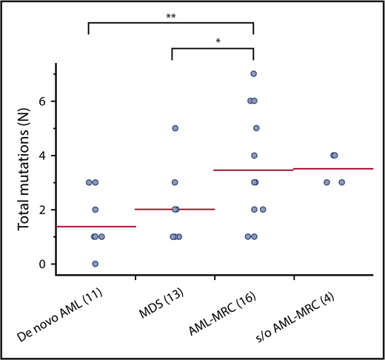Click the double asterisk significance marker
pyautogui.click(x=171, y=15)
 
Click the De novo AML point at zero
pyautogui.click(x=95, y=264)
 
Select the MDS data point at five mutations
pyautogui.click(x=175, y=128)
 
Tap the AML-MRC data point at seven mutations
pyautogui.click(x=254, y=74)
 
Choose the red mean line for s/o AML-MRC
pyautogui.click(x=333, y=169)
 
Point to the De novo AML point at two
pyautogui.click(x=96, y=210)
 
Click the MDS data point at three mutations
pyautogui.click(x=175, y=182)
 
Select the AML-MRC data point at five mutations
pyautogui.click(x=256, y=128)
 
